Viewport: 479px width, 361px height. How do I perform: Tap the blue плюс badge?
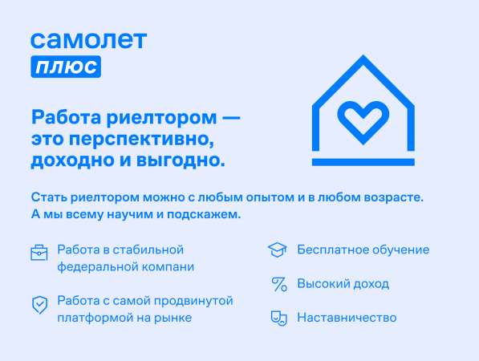[x=66, y=67]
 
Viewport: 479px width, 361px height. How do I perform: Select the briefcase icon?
[x=39, y=254]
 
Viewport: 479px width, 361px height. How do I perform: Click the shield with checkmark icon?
[x=39, y=305]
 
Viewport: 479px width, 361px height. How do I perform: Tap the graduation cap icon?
[x=278, y=249]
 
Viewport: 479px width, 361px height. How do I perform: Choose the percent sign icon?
[x=278, y=284]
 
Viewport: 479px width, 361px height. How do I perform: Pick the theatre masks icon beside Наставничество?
[x=278, y=318]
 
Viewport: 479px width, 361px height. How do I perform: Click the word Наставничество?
[x=347, y=318]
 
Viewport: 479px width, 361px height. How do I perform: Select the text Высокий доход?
[x=343, y=284]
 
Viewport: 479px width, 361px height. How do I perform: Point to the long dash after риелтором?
[x=231, y=118]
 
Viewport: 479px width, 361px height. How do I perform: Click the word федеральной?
[x=95, y=266]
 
